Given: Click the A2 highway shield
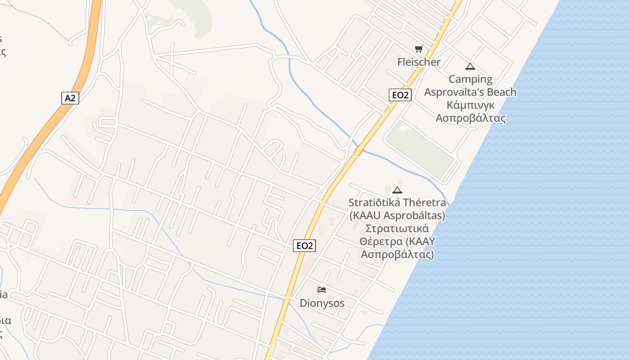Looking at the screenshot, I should [x=70, y=98].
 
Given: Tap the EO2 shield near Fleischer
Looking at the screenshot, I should [x=400, y=95].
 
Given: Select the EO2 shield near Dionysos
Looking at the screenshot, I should [x=304, y=246].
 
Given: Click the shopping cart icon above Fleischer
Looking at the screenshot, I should [x=419, y=49].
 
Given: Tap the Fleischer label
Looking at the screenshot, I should [x=418, y=62].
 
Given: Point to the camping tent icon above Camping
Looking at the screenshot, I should [x=470, y=67].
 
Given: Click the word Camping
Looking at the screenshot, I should [x=470, y=80].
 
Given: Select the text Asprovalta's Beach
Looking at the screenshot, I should [x=470, y=92].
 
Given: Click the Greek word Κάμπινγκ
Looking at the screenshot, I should [x=470, y=105].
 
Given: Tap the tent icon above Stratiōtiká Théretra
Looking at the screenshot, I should [x=397, y=190].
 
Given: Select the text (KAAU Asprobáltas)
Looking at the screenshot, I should [x=397, y=216].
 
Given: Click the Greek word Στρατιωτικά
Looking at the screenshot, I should [x=397, y=229].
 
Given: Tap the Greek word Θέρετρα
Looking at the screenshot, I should [x=381, y=242].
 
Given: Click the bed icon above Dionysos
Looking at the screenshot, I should [x=322, y=289].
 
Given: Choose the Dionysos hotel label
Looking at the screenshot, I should [x=322, y=303].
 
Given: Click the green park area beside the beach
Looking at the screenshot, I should [x=419, y=148].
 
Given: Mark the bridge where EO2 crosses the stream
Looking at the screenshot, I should [x=359, y=149].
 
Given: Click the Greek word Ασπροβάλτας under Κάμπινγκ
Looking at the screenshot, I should [x=470, y=118].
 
